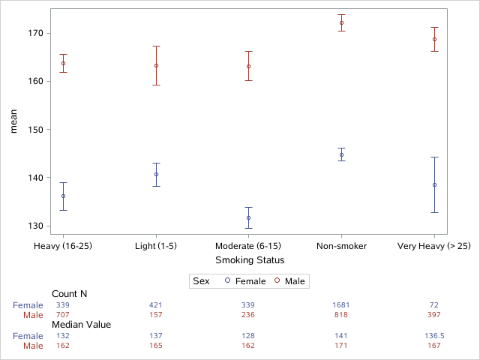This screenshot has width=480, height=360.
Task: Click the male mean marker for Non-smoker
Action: coord(341,23)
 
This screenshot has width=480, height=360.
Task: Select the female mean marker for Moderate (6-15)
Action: coord(249,217)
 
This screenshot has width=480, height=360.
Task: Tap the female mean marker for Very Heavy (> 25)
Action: coord(434,184)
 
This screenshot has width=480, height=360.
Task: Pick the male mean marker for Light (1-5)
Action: coord(156,65)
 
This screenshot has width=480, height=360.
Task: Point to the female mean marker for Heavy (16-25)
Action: coord(63,196)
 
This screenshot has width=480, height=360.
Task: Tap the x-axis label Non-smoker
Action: coord(341,246)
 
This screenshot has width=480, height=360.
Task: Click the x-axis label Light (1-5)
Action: coord(156,246)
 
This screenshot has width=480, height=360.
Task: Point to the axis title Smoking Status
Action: coord(249,260)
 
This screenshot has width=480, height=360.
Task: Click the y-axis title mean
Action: coord(13,121)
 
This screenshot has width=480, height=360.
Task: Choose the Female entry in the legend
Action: coord(244,281)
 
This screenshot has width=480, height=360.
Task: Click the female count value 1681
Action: coord(341,305)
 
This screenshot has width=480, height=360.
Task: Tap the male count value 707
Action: coord(63,315)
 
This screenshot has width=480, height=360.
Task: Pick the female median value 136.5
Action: coord(434,337)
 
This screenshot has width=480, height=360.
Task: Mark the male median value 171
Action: coord(341,346)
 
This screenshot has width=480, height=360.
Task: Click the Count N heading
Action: coord(70,294)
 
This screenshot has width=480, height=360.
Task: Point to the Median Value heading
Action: coord(81,325)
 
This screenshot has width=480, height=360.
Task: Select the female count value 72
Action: coord(434,305)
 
